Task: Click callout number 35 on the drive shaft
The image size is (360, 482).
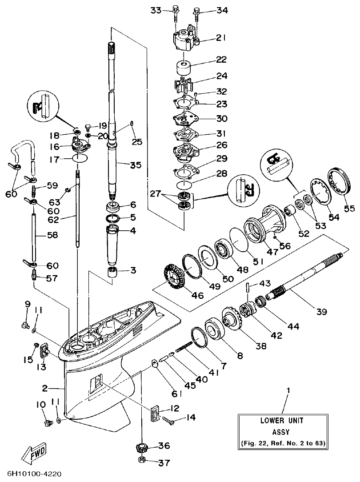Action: point(136,165)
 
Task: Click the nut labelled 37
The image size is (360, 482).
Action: point(142,462)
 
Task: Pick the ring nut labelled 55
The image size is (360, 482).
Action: point(339,182)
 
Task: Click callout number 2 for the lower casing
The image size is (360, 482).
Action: point(45,388)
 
